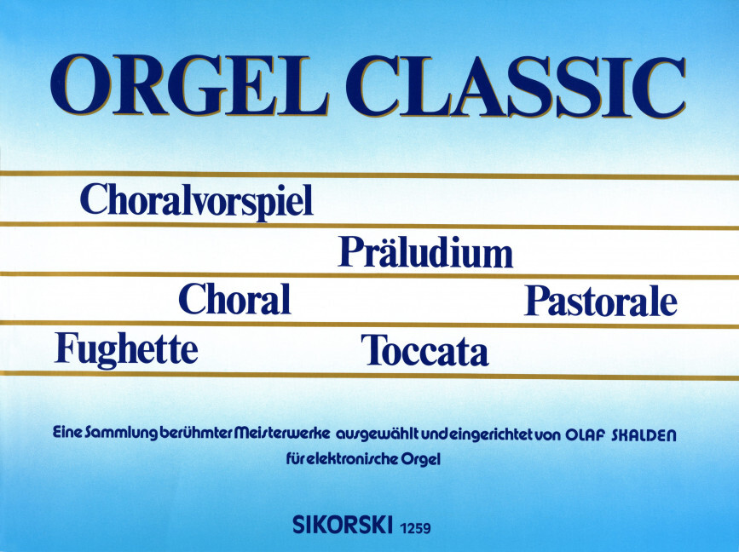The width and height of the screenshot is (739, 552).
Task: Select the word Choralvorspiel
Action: (197, 201)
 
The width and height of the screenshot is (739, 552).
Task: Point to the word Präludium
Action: (425, 251)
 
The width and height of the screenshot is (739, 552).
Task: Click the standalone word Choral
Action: (234, 300)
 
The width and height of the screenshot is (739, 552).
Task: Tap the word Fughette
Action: (126, 348)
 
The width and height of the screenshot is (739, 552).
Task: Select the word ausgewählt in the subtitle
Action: (382, 435)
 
